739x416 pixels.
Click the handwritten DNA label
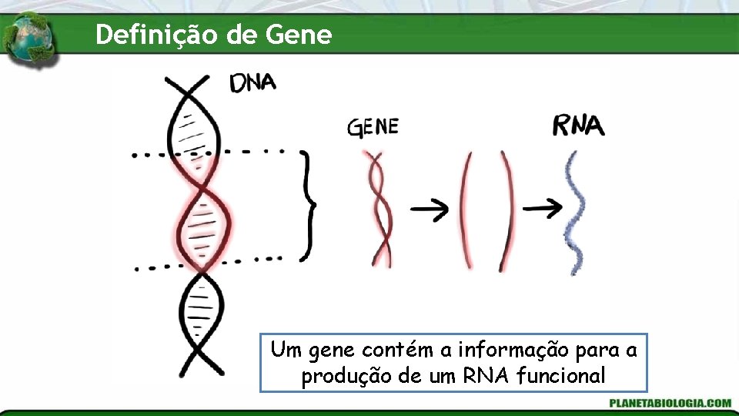252,82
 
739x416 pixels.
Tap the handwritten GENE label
373,126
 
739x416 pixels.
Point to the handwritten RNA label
579,126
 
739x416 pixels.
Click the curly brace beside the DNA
308,205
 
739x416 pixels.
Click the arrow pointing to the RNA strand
543,207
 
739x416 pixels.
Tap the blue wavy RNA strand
575,213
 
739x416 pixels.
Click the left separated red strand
466,210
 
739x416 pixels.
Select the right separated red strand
507,210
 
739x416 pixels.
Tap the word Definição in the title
156,35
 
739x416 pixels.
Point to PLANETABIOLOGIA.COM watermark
670,403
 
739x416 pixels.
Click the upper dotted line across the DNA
208,153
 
